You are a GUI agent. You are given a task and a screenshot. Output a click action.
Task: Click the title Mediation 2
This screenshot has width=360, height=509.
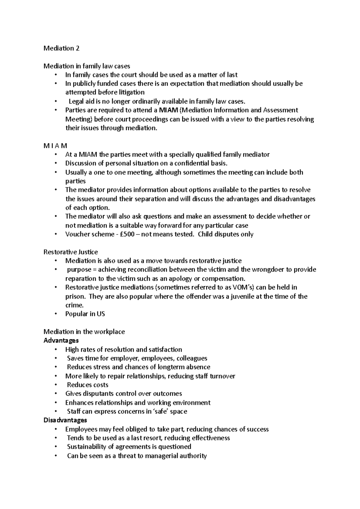pyautogui.click(x=61, y=48)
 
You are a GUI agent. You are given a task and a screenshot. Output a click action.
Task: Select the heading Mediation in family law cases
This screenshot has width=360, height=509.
pyautogui.click(x=87, y=66)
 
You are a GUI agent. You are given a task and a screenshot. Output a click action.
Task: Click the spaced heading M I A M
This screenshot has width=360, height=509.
pyautogui.click(x=55, y=146)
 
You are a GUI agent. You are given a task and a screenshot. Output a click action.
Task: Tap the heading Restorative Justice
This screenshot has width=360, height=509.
pyautogui.click(x=70, y=252)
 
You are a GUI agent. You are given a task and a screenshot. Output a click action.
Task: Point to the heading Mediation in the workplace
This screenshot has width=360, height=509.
pyautogui.click(x=84, y=332)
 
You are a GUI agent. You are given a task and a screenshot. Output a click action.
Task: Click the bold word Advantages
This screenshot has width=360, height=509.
pyautogui.click(x=61, y=341)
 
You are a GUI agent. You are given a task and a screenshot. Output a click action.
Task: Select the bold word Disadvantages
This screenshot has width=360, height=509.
pyautogui.click(x=65, y=420)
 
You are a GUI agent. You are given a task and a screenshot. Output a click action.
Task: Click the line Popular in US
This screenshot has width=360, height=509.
pyautogui.click(x=85, y=314)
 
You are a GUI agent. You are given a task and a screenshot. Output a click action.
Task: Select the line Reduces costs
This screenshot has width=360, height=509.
pyautogui.click(x=87, y=385)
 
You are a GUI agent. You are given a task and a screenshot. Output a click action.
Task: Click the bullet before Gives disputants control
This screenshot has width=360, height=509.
pyautogui.click(x=55, y=394)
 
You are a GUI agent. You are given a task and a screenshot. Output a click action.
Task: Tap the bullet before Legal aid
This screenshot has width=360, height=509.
pyautogui.click(x=55, y=102)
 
